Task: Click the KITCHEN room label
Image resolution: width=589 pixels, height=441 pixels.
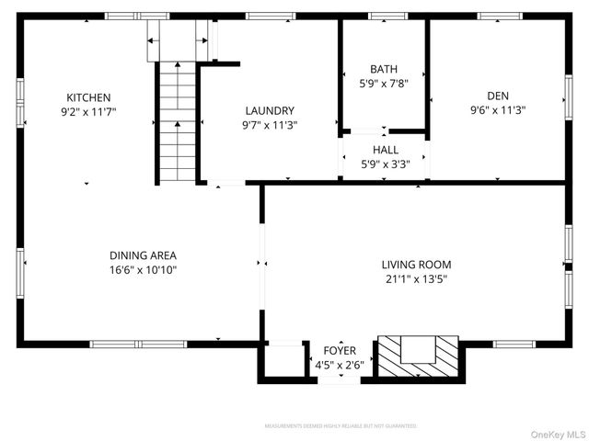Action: [x=88, y=97]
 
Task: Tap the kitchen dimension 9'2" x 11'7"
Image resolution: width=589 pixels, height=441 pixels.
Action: [x=88, y=111]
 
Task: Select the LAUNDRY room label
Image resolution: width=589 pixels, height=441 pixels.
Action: [x=270, y=110]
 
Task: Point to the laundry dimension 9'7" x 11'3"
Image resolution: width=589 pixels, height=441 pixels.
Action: [x=270, y=125]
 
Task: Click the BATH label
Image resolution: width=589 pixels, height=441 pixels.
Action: [x=384, y=70]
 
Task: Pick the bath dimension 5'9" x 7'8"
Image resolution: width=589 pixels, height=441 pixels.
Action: [x=384, y=84]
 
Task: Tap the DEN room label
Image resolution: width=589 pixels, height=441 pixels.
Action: [x=498, y=95]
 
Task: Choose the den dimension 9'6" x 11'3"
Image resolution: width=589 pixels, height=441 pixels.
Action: [x=498, y=109]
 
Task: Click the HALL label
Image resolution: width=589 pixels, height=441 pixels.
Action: [x=386, y=150]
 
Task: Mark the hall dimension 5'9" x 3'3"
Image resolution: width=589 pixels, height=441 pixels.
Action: [x=386, y=164]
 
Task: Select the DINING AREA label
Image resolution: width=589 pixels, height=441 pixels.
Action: [x=143, y=255]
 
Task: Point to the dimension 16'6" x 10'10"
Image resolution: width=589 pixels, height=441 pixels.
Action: [x=143, y=270]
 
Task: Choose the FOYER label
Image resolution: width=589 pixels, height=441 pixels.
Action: [x=340, y=351]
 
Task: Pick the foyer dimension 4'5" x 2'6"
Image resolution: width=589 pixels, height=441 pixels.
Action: [x=340, y=365]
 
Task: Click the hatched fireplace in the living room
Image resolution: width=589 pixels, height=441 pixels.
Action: [x=419, y=355]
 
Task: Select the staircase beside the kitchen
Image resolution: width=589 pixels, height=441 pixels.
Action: [x=176, y=121]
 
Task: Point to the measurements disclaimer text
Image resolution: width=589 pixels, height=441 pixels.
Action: [x=341, y=426]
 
